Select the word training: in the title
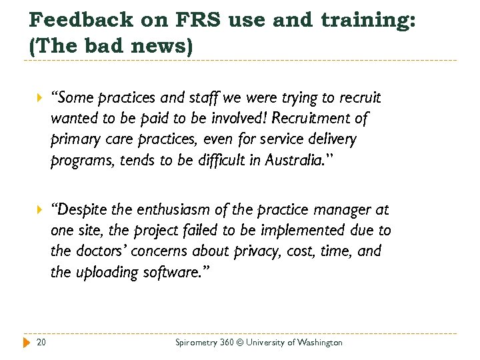click(370, 21)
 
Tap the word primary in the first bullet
click(74, 140)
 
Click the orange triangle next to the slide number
click(27, 343)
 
